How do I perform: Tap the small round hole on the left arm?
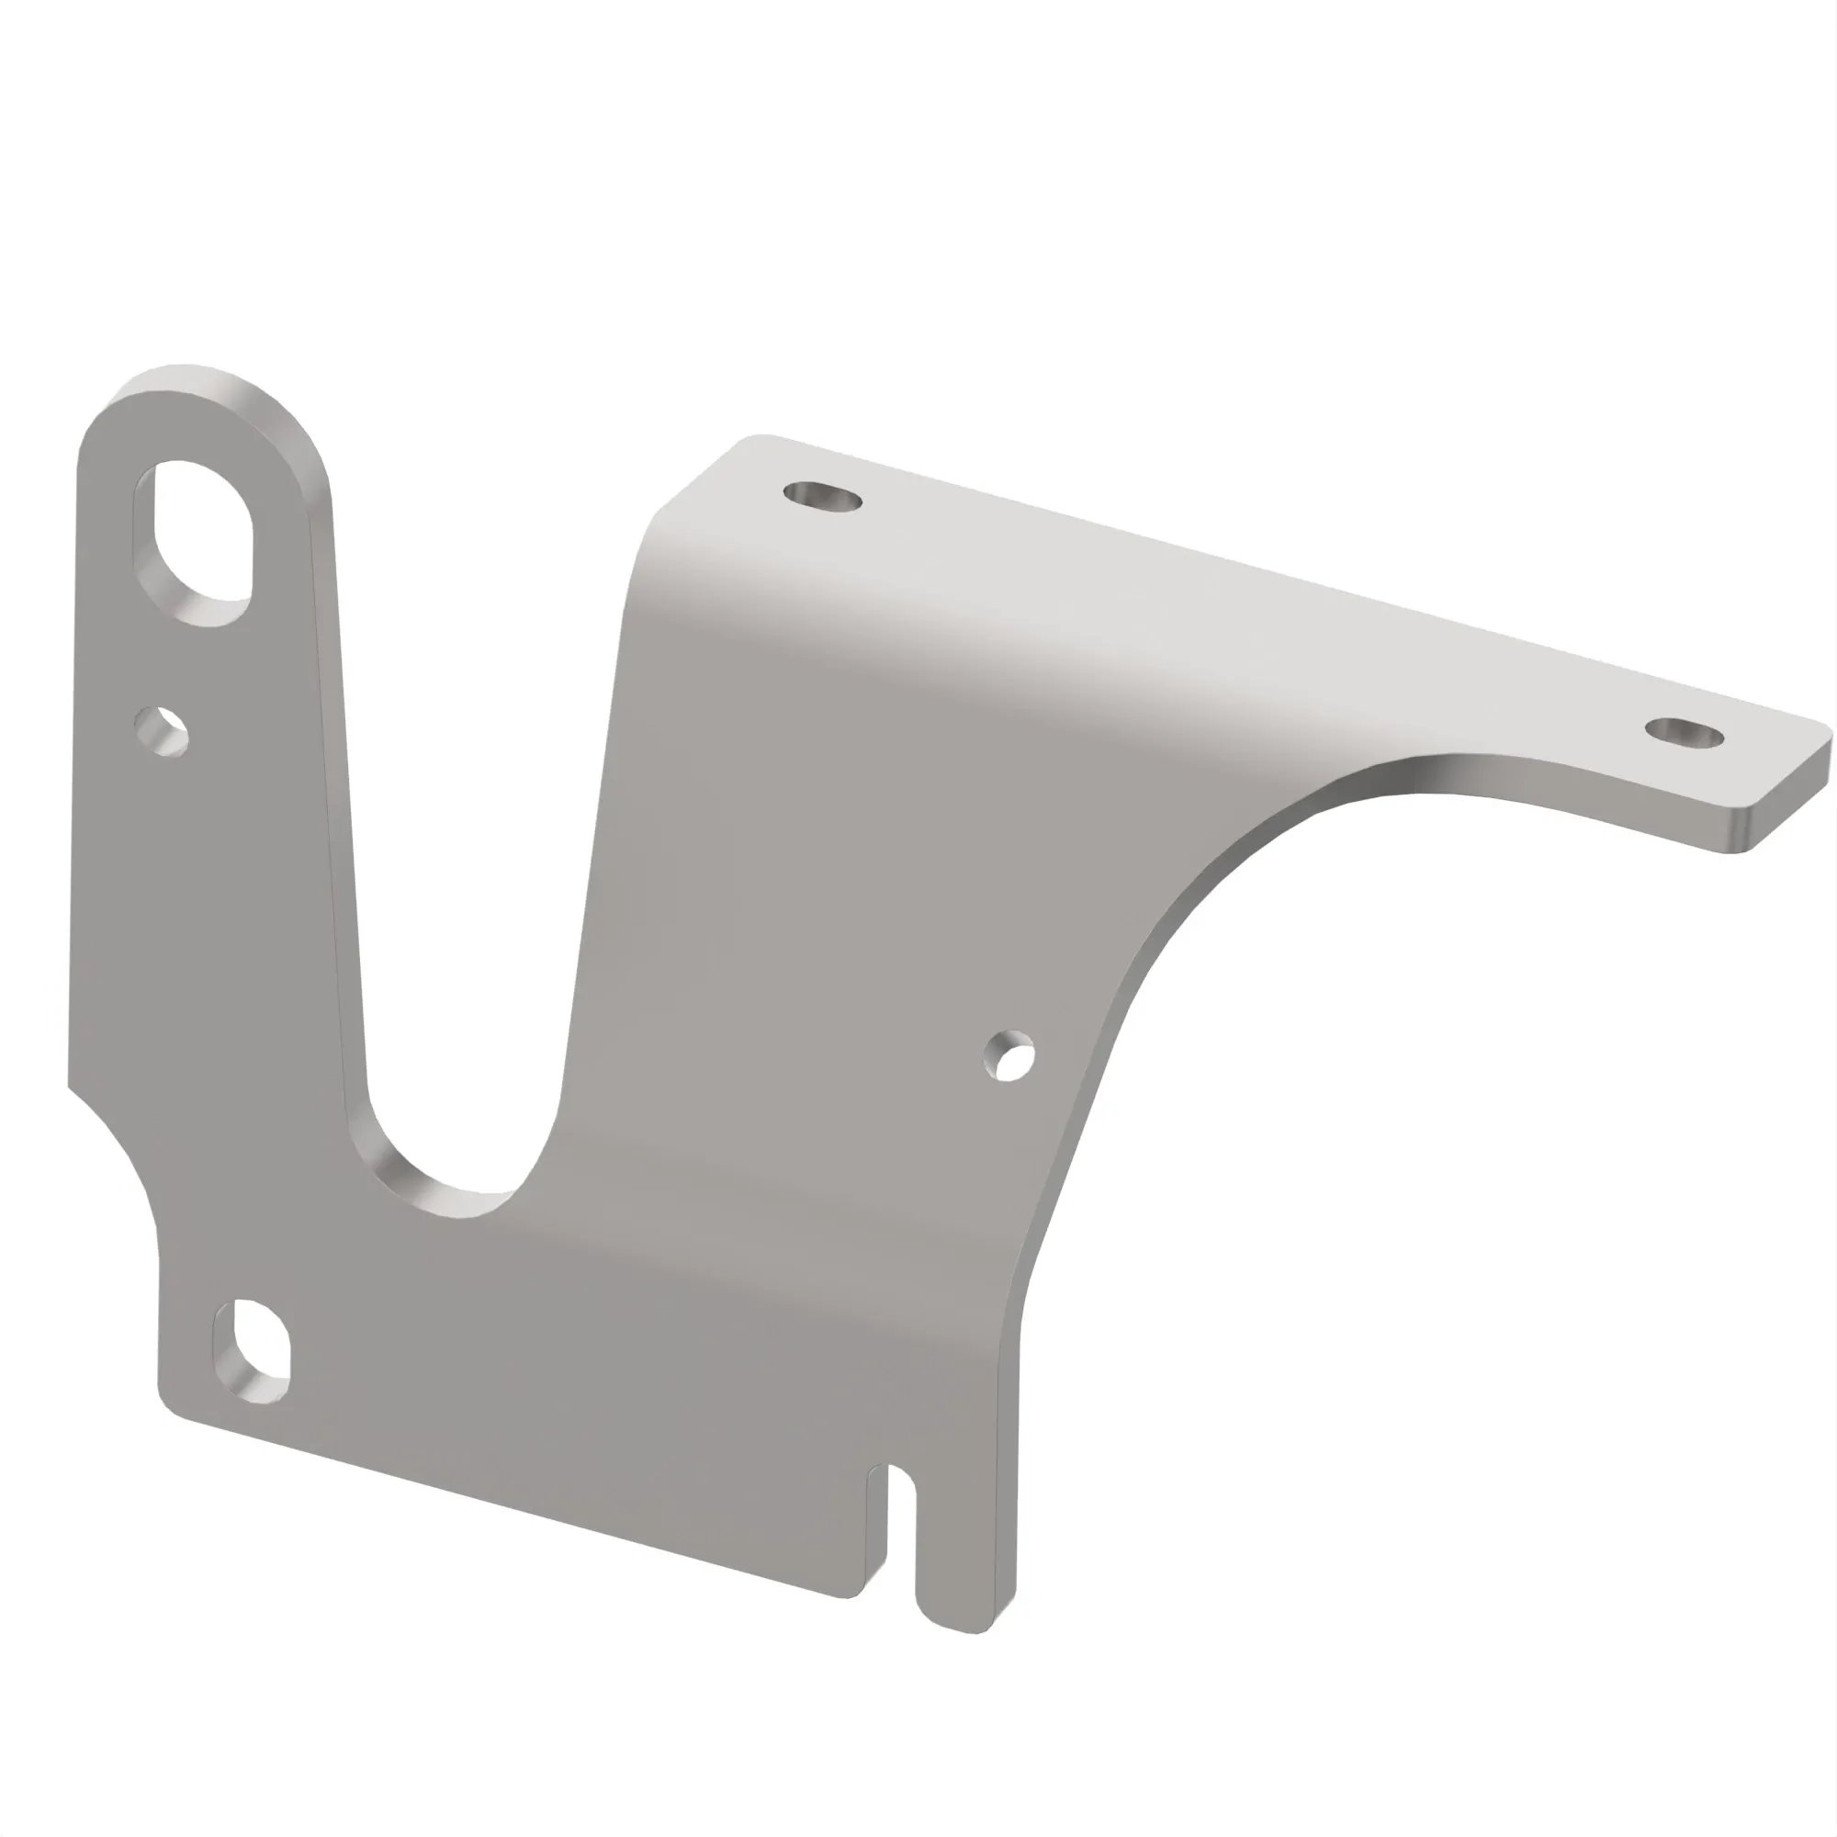tap(162, 731)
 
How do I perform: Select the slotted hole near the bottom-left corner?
tap(251, 1351)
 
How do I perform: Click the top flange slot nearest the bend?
tap(822, 496)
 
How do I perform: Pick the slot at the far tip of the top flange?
tap(1684, 732)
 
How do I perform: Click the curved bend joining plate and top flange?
tap(856, 609)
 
